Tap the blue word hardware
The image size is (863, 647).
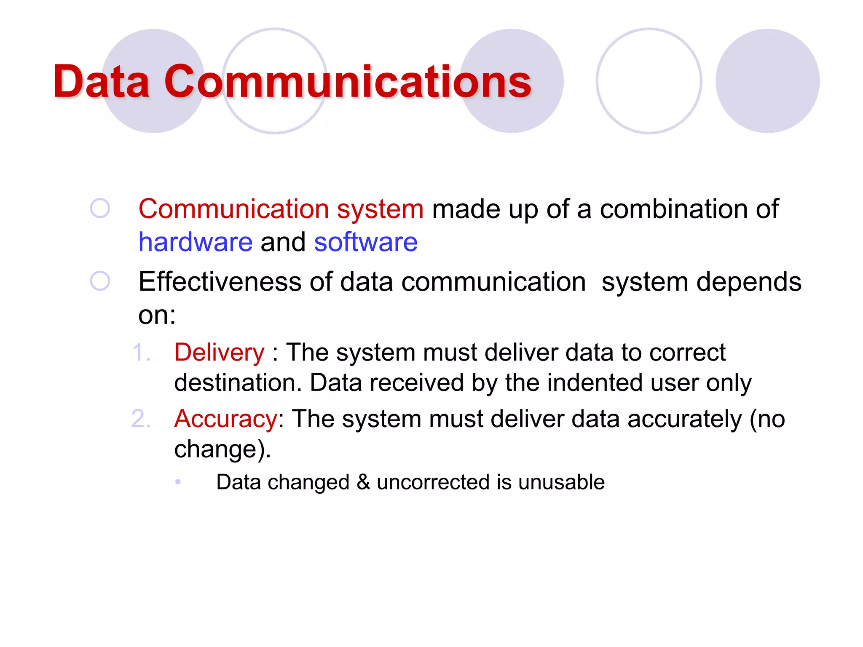(x=196, y=242)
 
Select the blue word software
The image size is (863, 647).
(x=366, y=242)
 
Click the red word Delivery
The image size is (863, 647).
(x=220, y=352)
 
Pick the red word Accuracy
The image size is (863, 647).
(x=226, y=419)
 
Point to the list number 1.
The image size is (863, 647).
(x=141, y=352)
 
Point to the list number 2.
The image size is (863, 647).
(x=141, y=419)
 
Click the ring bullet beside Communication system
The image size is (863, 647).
(x=100, y=209)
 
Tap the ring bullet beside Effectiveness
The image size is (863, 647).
(x=100, y=281)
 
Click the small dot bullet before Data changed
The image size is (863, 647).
(x=178, y=482)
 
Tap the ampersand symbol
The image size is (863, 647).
(x=363, y=482)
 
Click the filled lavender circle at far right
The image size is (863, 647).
(x=767, y=81)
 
